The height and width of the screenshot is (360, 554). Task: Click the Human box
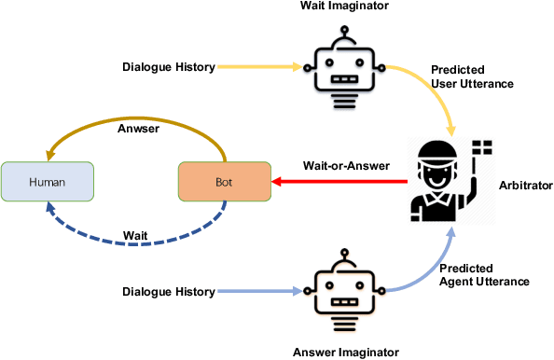pyautogui.click(x=48, y=182)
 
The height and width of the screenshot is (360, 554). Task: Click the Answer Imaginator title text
pyautogui.click(x=345, y=351)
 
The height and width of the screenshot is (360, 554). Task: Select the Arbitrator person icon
pyautogui.click(x=438, y=183)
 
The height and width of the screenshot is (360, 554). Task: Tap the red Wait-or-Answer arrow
pyautogui.click(x=336, y=183)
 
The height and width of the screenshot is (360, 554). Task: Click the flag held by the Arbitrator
pyautogui.click(x=482, y=145)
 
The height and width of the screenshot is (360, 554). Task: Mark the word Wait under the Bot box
pyautogui.click(x=136, y=234)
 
